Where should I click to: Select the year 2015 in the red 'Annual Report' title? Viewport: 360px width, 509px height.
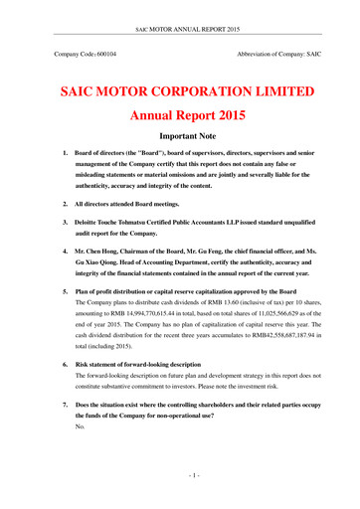[240, 127]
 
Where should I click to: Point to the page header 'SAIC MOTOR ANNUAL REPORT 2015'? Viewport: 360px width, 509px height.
[180, 8]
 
